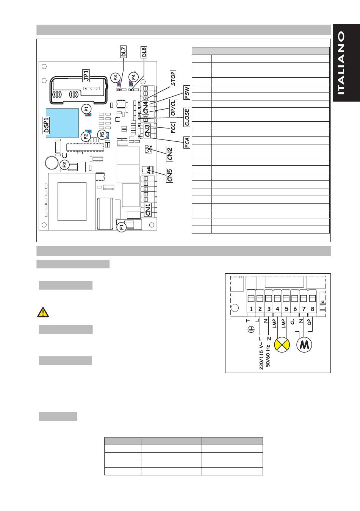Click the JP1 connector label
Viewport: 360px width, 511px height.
pyautogui.click(x=86, y=75)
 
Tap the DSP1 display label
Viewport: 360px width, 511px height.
pyautogui.click(x=46, y=125)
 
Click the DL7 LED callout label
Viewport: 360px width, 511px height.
pyautogui.click(x=123, y=52)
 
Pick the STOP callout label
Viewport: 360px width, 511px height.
pyautogui.click(x=173, y=79)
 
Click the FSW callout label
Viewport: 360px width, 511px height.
pyautogui.click(x=187, y=93)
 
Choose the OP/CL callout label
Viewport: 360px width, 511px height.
pyautogui.click(x=173, y=108)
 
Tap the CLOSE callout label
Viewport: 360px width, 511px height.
pyautogui.click(x=187, y=118)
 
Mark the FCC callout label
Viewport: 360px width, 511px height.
pyautogui.click(x=173, y=128)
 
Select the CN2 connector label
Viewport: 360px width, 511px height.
pyautogui.click(x=170, y=154)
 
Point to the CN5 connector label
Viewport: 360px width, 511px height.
pyautogui.click(x=170, y=175)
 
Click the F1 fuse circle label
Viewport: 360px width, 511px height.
pyautogui.click(x=122, y=227)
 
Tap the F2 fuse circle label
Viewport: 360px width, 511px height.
pyautogui.click(x=64, y=165)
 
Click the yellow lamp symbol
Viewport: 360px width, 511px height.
pyautogui.click(x=282, y=344)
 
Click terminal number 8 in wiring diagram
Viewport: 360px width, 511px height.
pyautogui.click(x=312, y=309)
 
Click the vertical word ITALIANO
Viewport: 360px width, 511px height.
pyautogui.click(x=342, y=63)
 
